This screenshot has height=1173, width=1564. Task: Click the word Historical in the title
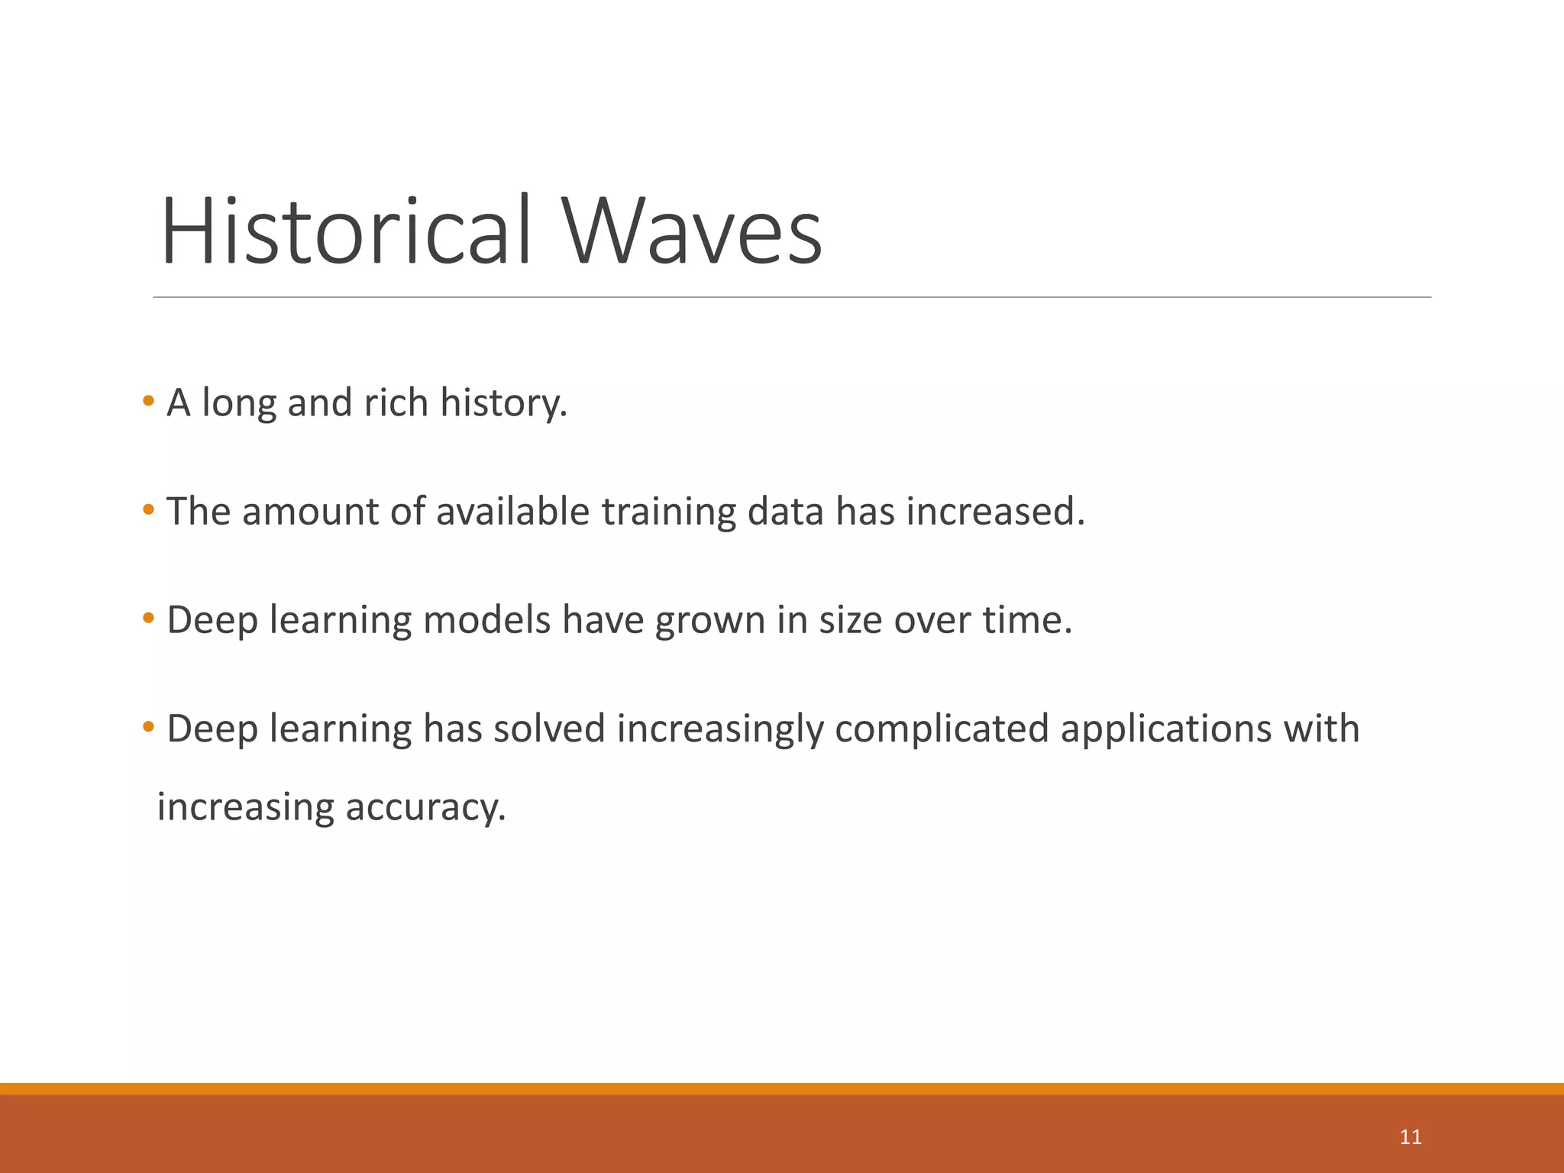tap(345, 231)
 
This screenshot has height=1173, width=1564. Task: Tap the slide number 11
tap(1410, 1137)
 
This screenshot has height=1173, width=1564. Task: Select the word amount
tap(310, 512)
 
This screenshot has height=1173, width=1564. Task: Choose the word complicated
tap(942, 730)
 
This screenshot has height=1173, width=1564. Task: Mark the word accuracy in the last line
tap(425, 808)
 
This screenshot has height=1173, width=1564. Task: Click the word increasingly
tap(720, 730)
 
